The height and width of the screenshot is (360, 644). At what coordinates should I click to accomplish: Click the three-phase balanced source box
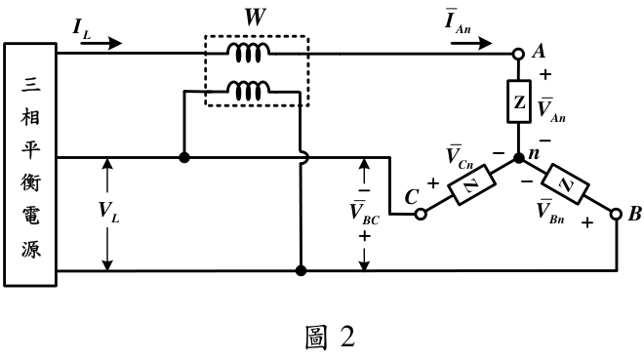[x=30, y=164]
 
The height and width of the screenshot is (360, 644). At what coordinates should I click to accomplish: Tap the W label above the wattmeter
[x=255, y=18]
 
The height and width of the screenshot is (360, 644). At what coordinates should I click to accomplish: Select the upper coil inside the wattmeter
[x=249, y=53]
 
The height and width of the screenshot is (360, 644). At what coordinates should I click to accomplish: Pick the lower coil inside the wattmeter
[x=249, y=91]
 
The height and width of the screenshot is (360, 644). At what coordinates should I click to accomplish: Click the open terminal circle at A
[x=519, y=54]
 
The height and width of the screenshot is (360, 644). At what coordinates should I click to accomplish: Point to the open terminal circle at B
[x=616, y=214]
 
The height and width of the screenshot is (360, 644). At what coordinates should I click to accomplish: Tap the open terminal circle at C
[x=421, y=214]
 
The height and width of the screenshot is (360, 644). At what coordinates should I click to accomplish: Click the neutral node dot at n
[x=519, y=158]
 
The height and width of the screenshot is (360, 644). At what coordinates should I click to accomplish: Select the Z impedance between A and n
[x=519, y=101]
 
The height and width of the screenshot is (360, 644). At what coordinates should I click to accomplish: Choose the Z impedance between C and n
[x=470, y=184]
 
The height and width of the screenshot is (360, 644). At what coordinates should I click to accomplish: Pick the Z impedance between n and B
[x=566, y=184]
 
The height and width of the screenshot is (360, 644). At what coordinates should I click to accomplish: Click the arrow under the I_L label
[x=101, y=43]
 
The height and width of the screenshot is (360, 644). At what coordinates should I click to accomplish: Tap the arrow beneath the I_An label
[x=471, y=43]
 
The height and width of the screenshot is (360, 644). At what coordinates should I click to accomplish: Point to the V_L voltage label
[x=109, y=212]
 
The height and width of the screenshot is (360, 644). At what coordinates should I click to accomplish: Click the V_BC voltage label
[x=364, y=213]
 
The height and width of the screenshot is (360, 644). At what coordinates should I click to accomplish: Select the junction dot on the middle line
[x=184, y=157]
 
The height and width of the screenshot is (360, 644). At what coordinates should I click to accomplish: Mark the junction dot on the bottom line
[x=302, y=270]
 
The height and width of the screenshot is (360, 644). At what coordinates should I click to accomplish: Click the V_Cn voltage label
[x=460, y=157]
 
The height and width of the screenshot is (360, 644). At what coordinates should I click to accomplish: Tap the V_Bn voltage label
[x=550, y=212]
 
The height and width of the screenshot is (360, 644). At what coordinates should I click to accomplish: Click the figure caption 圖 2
[x=330, y=338]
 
